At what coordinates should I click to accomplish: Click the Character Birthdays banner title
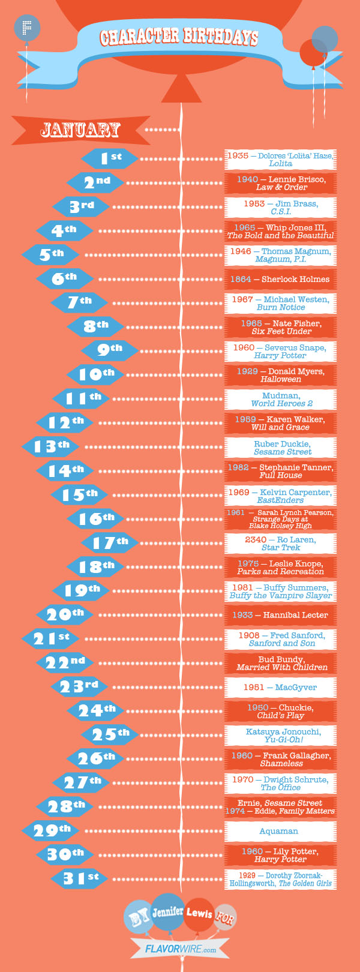pos(179,37)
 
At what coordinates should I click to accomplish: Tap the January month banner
pos(80,130)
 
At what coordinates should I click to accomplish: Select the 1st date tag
pos(110,158)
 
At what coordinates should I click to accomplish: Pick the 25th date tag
pos(110,734)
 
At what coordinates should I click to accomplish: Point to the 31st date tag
pos(80,878)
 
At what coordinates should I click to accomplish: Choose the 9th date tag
pos(110,350)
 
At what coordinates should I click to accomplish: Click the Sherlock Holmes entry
pos(280,279)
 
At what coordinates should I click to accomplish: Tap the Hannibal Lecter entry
pos(280,615)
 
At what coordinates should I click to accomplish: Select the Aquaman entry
pos(279,831)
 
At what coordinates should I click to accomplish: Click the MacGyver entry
pos(280,687)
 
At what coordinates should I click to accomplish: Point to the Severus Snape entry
pos(280,351)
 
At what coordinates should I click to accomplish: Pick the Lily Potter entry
pos(280,855)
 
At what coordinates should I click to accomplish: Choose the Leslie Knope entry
pos(280,567)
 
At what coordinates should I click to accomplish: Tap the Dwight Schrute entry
pos(280,783)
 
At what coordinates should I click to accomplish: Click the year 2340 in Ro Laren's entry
pos(256,539)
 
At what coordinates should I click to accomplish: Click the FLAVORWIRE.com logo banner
pos(181,949)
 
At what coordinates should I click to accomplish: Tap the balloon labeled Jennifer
pos(168,911)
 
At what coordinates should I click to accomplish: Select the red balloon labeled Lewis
pos(199,913)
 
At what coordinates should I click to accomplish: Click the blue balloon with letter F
pos(26,27)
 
